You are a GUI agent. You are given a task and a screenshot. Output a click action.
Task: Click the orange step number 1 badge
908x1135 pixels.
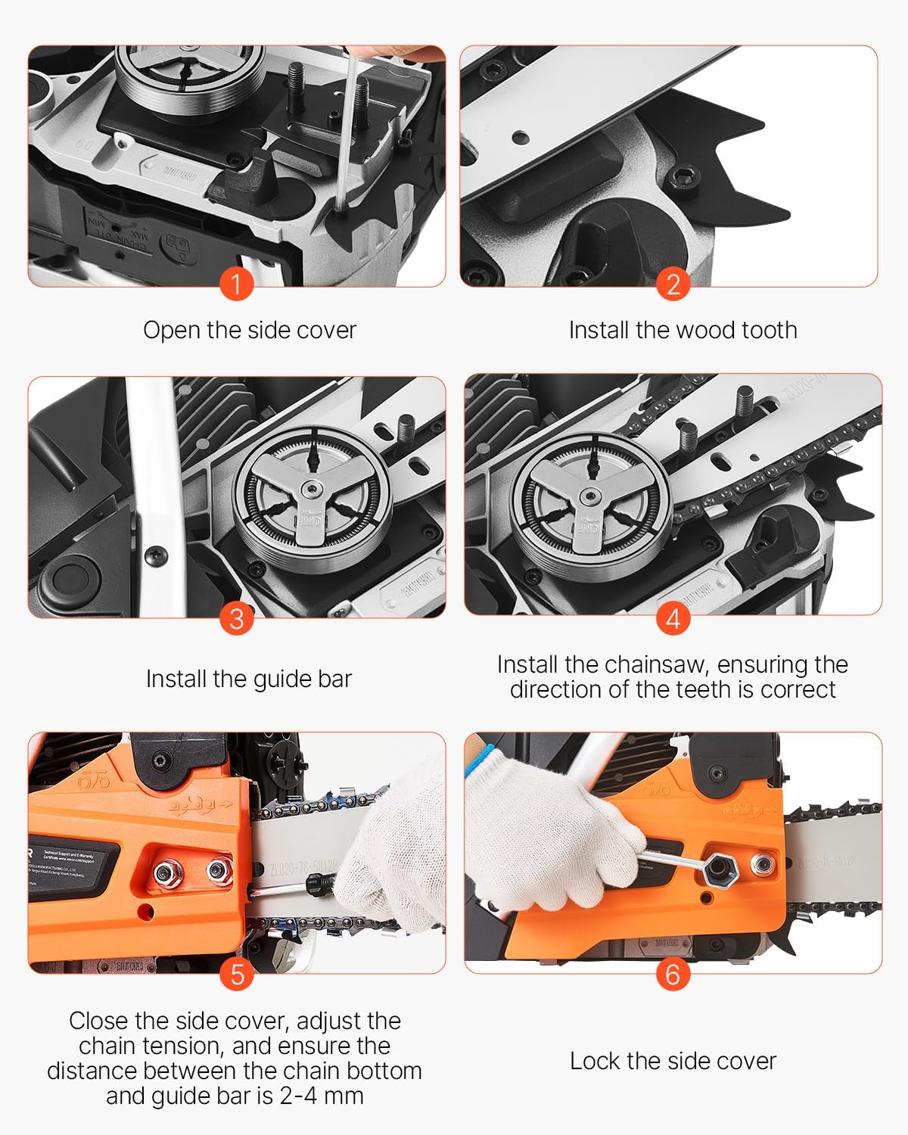pos(236,285)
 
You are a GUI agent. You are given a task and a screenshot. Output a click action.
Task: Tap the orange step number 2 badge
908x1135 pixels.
pos(673,285)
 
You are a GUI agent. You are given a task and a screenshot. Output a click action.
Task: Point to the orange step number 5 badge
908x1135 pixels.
pos(236,974)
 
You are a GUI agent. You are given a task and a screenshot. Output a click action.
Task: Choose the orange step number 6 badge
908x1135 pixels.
pos(673,974)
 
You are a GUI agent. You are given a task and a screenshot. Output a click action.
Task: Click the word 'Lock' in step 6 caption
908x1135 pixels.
pos(595,1061)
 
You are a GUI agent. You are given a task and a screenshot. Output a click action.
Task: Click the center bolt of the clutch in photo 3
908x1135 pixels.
pos(312,493)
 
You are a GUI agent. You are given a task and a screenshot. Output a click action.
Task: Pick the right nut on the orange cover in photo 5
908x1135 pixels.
pos(218,872)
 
